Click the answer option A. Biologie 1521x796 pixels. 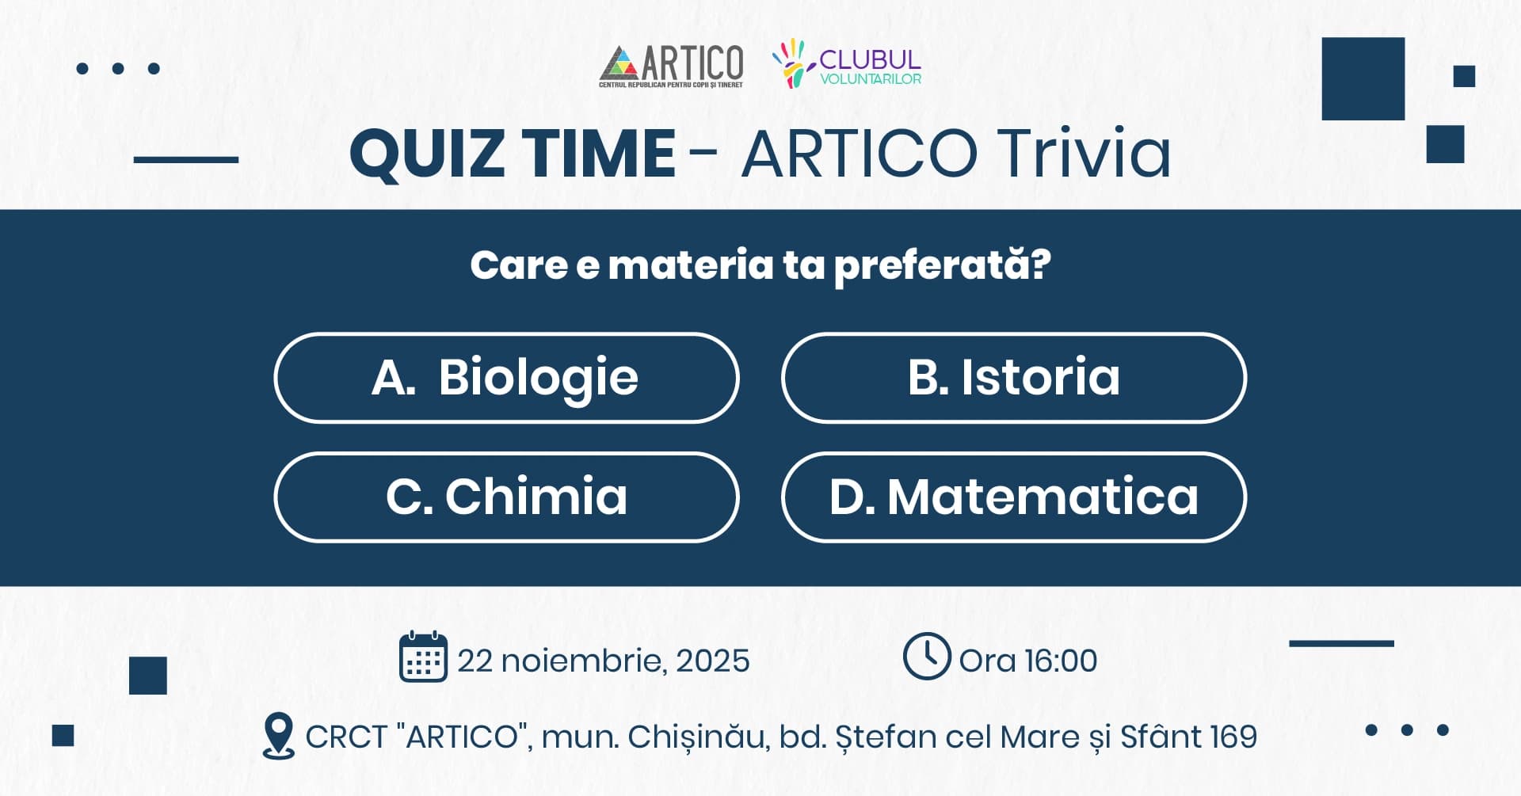point(506,378)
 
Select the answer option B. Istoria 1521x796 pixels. point(1013,378)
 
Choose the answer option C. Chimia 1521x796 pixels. point(506,497)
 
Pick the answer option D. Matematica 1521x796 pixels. point(1013,497)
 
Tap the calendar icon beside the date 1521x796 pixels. point(423,657)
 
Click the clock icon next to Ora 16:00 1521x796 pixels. point(926,656)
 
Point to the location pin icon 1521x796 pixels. point(278,736)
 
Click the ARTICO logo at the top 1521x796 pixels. point(672,65)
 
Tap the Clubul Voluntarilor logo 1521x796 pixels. point(846,63)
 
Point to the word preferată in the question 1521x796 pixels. point(942,265)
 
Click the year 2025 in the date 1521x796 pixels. point(713,661)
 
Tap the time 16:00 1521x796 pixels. point(1061,661)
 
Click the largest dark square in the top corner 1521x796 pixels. point(1363,78)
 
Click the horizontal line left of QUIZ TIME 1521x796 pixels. point(186,159)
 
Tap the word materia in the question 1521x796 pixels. point(690,265)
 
